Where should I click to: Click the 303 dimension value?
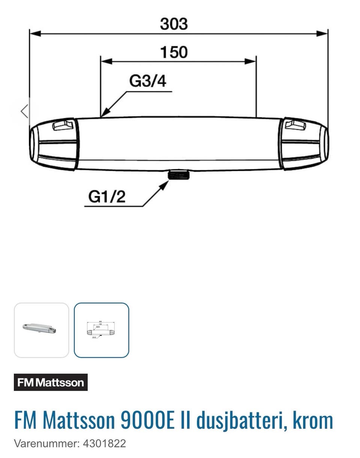point(174,24)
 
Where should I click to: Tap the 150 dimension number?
point(174,52)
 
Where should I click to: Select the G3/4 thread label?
point(148,81)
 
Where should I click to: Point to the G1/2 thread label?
point(107,197)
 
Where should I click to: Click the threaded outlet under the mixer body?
point(178,175)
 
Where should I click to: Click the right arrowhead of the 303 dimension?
point(322,33)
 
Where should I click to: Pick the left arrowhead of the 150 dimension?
point(106,62)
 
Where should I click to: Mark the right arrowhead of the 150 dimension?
point(250,62)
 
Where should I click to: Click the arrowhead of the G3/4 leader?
point(105,112)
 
